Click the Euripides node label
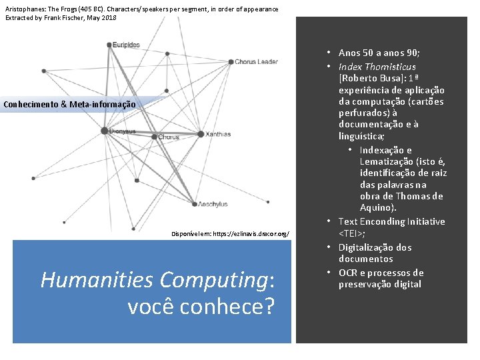[x=126, y=45]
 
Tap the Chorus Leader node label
[x=256, y=62]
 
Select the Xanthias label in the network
[x=218, y=134]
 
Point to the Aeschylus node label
[x=213, y=205]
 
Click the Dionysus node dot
[x=105, y=131]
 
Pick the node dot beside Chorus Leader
[x=230, y=62]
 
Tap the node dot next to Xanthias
[x=201, y=134]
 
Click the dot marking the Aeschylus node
[x=195, y=204]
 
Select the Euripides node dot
[x=109, y=45]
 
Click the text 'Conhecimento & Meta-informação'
[x=69, y=104]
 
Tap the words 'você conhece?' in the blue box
[x=200, y=308]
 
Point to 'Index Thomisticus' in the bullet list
[x=377, y=67]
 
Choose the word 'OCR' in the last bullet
[x=348, y=273]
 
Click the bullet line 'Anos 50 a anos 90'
[x=379, y=53]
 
